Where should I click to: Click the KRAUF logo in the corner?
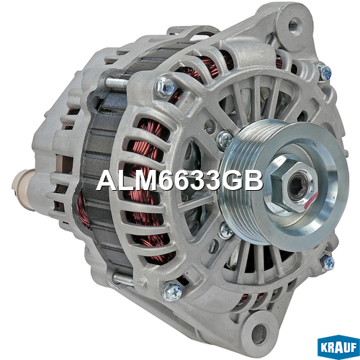[338, 347]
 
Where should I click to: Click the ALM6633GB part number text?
[179, 180]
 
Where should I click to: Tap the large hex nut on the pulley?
[292, 186]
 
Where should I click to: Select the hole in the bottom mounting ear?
[259, 333]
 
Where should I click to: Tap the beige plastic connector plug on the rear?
[24, 189]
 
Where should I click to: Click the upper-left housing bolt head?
[165, 86]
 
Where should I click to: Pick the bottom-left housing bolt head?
[172, 291]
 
